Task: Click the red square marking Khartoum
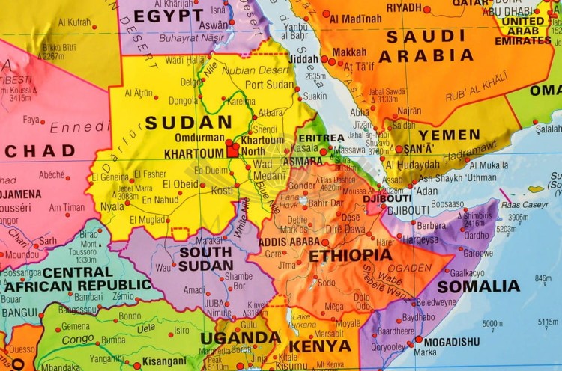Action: tap(233, 150)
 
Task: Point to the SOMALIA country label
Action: tap(478, 286)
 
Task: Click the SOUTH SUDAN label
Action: tap(205, 258)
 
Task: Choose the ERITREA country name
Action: tap(321, 138)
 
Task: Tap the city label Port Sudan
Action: tap(271, 85)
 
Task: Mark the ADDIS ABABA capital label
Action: tap(288, 242)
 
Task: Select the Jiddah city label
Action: tap(303, 58)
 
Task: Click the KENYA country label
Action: tap(319, 346)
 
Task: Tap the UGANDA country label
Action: tap(240, 337)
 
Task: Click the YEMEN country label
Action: tap(449, 135)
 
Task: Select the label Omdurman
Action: tap(199, 138)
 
